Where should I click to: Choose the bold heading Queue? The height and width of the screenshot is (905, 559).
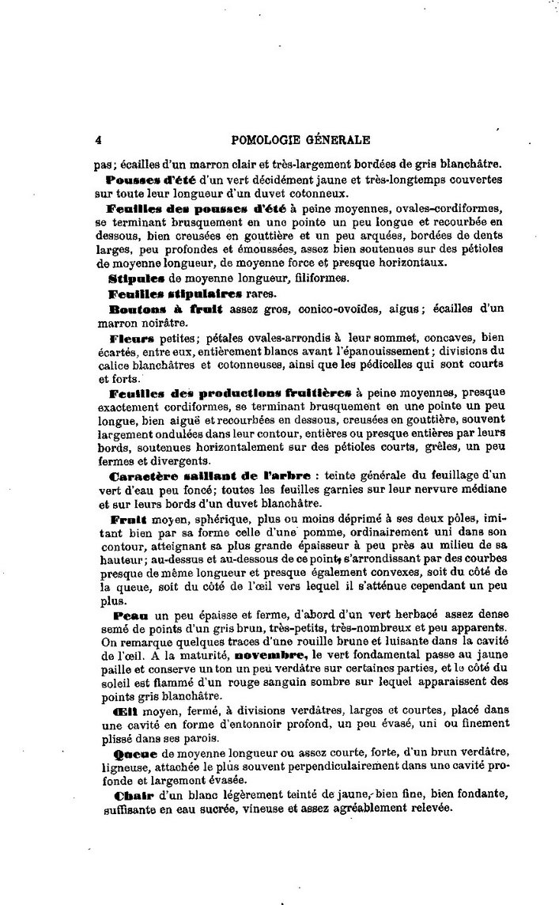click(134, 753)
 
